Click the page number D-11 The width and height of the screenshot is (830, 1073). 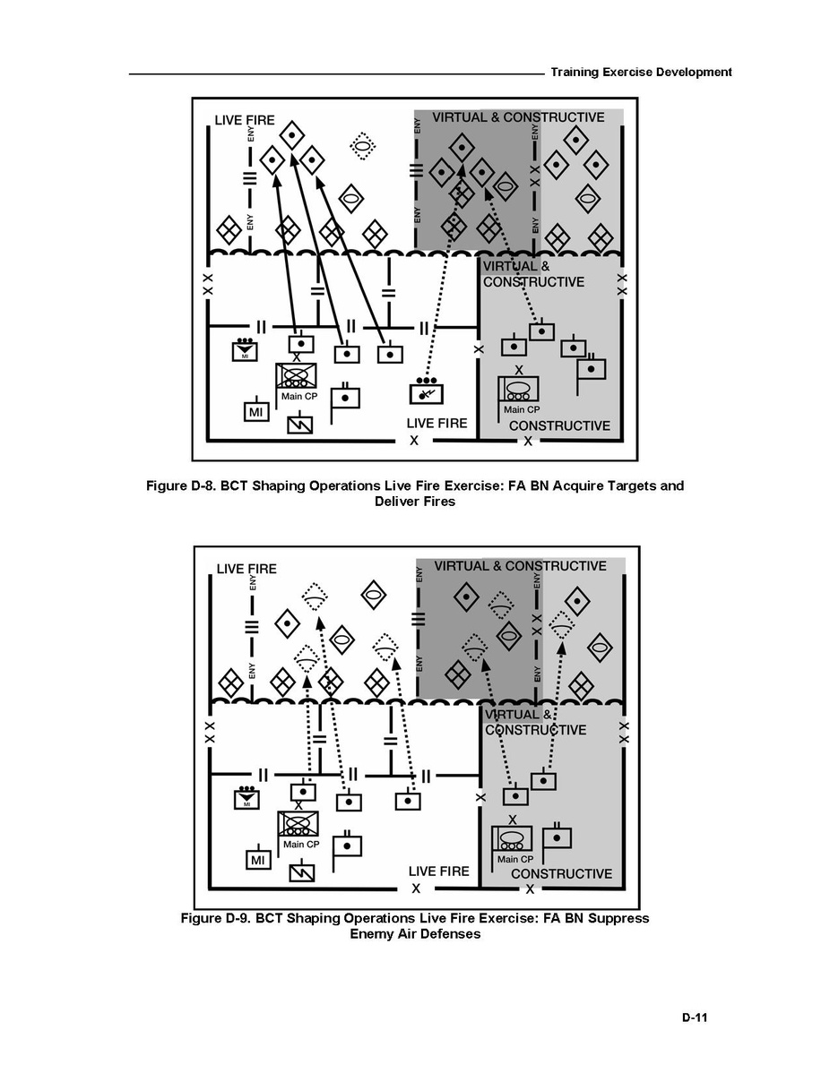(x=695, y=1017)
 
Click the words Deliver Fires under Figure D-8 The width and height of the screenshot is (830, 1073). (x=415, y=502)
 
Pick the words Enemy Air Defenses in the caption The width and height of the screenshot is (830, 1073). (x=415, y=934)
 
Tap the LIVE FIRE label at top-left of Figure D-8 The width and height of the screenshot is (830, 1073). (x=245, y=121)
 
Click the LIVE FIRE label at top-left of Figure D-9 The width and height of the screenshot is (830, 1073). (x=246, y=569)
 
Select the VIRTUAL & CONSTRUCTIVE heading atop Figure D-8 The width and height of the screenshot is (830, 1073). (x=518, y=117)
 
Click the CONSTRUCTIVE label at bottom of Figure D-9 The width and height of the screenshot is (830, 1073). (x=561, y=874)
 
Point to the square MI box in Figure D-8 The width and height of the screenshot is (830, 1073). (x=256, y=411)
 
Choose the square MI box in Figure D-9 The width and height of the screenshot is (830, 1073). (x=257, y=860)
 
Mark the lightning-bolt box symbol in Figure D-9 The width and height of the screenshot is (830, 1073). (x=302, y=871)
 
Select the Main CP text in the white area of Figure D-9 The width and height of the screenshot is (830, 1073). (x=301, y=844)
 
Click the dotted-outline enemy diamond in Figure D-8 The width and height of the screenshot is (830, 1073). (x=362, y=145)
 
